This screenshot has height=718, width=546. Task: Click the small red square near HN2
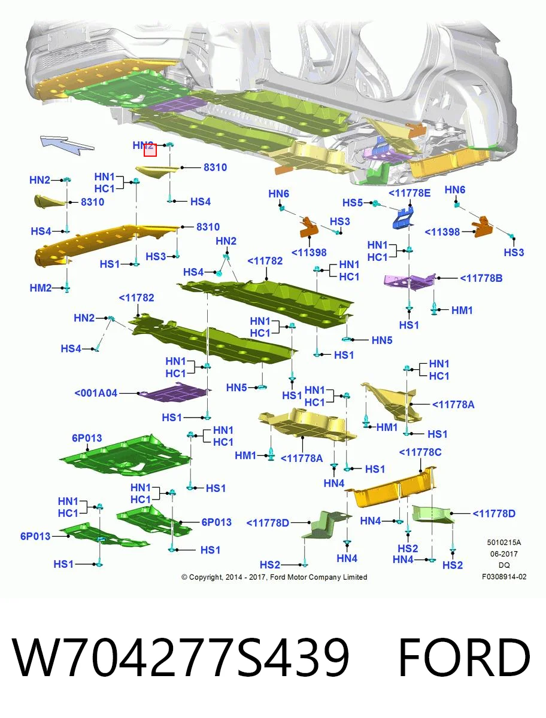150,150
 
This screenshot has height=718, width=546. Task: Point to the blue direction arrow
66,144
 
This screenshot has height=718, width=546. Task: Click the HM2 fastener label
41,288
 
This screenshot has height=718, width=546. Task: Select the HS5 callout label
353,203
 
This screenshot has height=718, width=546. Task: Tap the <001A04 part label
96,393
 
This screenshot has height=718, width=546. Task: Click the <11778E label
409,193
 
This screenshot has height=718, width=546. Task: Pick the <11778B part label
481,278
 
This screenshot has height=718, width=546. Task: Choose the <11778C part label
420,452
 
